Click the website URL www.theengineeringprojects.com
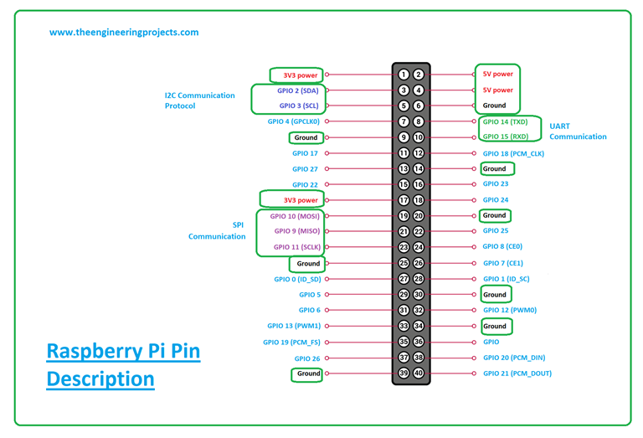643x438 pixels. click(124, 33)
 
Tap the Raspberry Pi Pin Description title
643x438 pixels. click(123, 364)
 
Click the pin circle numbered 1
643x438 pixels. click(404, 75)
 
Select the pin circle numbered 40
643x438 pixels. click(419, 374)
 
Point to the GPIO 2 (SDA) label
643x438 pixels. click(299, 90)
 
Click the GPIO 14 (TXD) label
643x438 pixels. click(511, 121)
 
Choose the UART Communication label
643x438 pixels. click(578, 131)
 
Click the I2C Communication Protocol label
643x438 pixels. click(199, 100)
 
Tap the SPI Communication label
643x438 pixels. click(217, 230)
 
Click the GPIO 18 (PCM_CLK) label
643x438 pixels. click(513, 153)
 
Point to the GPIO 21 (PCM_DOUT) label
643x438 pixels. click(517, 374)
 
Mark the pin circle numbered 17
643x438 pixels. click(404, 200)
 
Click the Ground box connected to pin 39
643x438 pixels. click(306, 374)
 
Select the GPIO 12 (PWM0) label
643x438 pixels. click(511, 311)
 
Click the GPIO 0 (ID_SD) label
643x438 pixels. click(296, 279)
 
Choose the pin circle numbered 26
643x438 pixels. click(419, 263)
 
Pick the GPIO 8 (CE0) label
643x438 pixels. click(502, 247)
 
